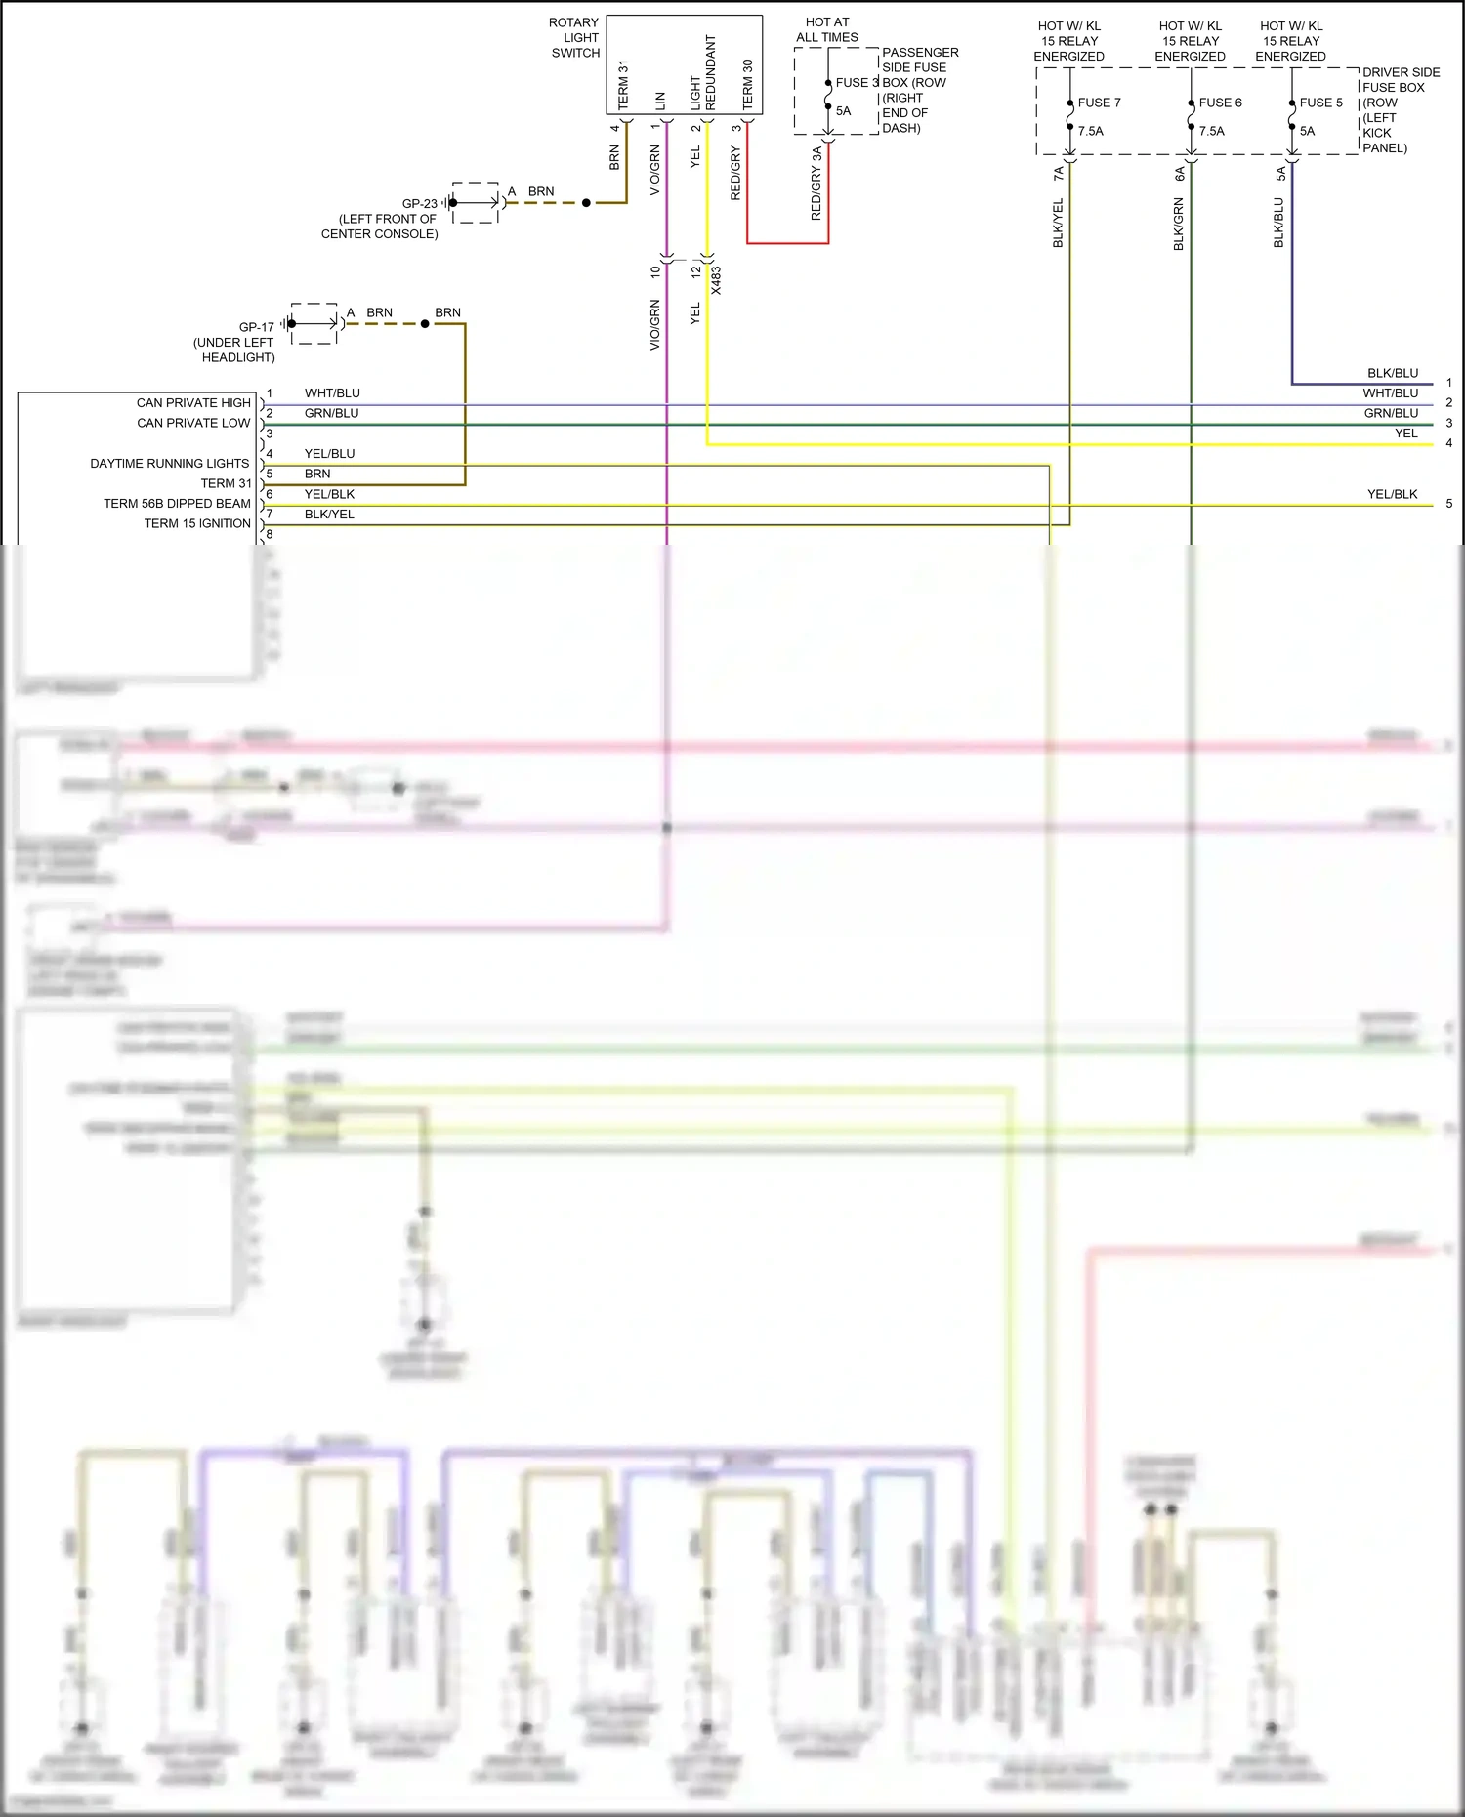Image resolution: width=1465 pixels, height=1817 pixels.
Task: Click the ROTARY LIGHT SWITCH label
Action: (x=575, y=38)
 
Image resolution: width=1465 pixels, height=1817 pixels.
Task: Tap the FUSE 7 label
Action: (x=1099, y=103)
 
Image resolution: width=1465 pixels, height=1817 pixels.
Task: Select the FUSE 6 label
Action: (x=1220, y=103)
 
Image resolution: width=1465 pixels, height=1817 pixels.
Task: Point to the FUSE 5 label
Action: (x=1320, y=103)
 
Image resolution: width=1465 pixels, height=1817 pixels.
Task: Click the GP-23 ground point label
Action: (x=420, y=204)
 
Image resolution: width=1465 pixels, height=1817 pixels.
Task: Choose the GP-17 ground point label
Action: (x=257, y=327)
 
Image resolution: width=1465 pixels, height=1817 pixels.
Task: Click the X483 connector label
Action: (x=716, y=280)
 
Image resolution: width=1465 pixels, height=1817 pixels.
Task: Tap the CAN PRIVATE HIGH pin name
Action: (x=193, y=402)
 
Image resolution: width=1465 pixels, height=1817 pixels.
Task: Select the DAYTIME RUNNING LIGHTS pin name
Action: (x=170, y=463)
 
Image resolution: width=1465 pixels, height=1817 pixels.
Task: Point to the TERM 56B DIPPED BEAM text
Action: (x=177, y=503)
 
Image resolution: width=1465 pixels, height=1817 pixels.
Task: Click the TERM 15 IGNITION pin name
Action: (x=197, y=523)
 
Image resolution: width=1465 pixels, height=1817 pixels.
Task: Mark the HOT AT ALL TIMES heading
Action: (x=827, y=29)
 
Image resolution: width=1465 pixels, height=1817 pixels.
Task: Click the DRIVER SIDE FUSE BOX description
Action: (x=1401, y=109)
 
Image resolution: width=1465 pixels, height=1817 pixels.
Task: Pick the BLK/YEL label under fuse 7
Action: (x=1058, y=223)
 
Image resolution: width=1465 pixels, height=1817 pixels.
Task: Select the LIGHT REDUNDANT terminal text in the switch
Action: (x=703, y=73)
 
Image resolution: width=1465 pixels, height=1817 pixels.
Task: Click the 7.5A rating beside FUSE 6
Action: (x=1211, y=131)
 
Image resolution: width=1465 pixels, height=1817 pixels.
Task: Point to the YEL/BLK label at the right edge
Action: (x=1392, y=494)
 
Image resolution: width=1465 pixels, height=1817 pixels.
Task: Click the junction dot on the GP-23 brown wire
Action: (x=586, y=203)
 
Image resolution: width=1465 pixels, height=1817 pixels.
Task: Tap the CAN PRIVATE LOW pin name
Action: (x=193, y=423)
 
